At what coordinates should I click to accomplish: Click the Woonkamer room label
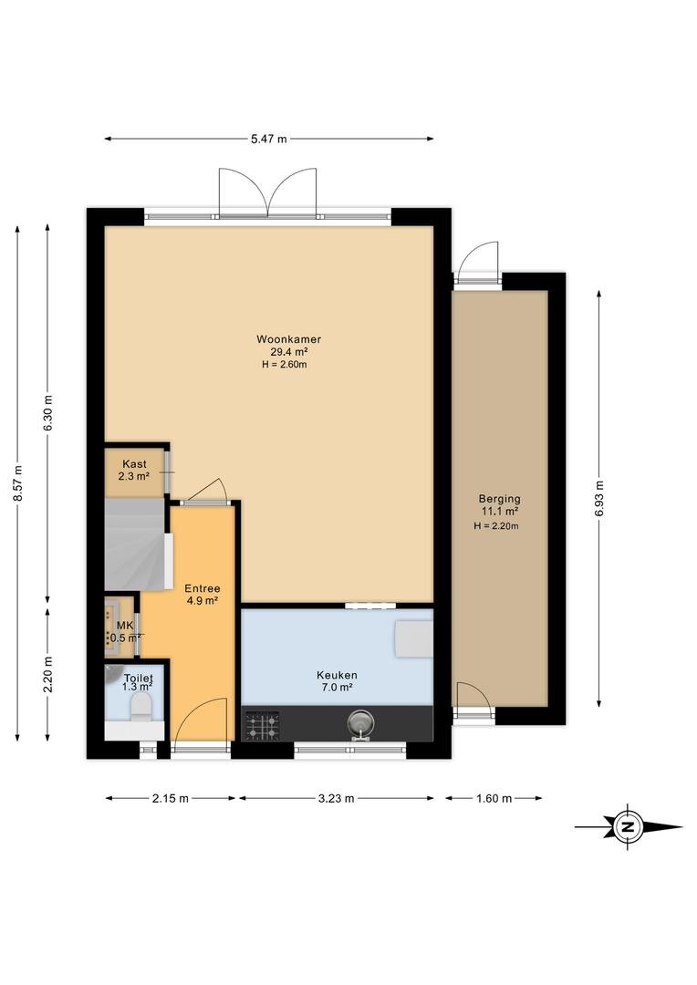(288, 339)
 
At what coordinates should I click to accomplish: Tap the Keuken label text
(337, 675)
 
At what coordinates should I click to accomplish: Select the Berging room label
(500, 500)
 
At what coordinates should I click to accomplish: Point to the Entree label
(203, 588)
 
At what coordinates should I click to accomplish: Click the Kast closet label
(134, 464)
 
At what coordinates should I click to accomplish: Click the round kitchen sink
(361, 723)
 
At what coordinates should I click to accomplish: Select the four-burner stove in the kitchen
(262, 725)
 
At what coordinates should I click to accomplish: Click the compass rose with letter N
(628, 827)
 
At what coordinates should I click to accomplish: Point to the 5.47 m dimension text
(269, 139)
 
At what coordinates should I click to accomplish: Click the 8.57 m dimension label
(17, 483)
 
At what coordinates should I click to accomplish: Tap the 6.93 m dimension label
(599, 498)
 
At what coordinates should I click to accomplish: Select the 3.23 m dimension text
(337, 798)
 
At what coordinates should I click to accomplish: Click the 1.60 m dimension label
(494, 798)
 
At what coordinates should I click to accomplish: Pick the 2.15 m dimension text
(171, 798)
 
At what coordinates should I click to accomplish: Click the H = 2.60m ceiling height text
(285, 364)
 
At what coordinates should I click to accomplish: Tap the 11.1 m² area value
(500, 512)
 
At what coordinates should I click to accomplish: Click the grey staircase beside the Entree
(138, 544)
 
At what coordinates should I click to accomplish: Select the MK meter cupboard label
(125, 626)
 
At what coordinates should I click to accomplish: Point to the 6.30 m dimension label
(47, 413)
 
